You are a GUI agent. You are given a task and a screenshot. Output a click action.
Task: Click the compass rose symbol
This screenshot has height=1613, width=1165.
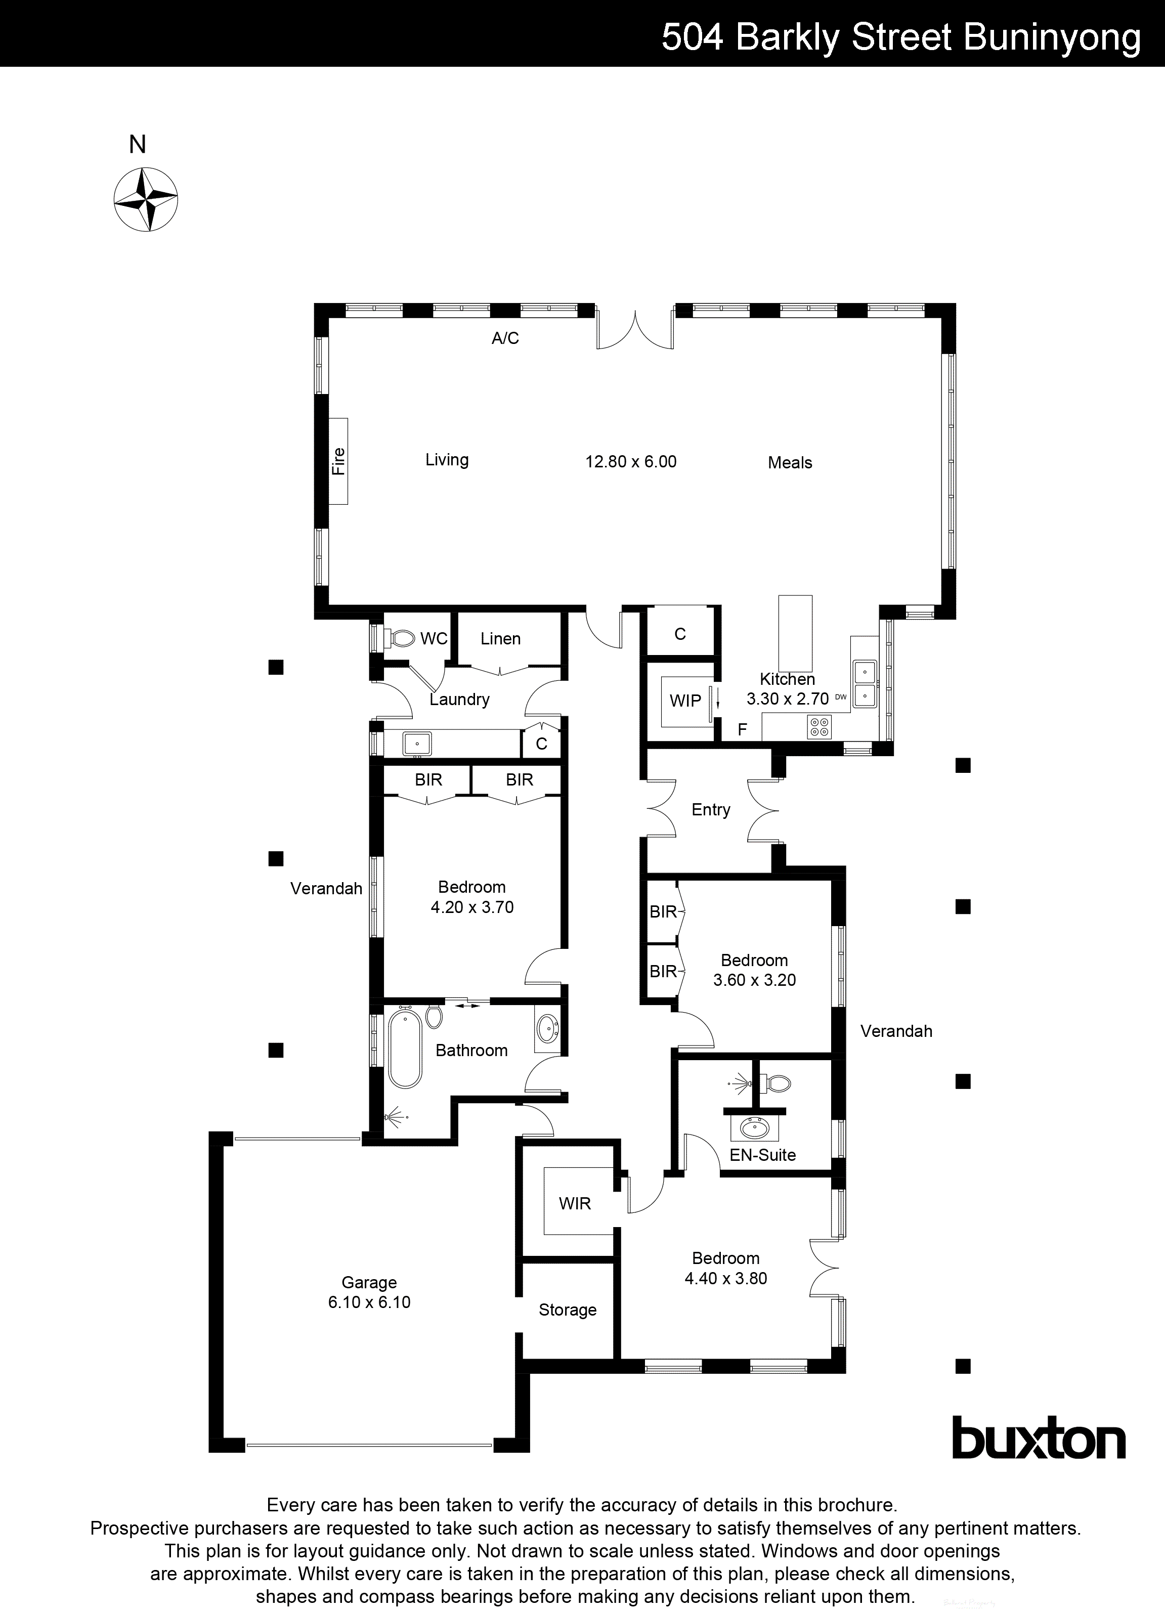click(146, 199)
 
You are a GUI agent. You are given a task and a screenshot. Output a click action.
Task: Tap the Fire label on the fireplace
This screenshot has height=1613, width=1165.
click(338, 461)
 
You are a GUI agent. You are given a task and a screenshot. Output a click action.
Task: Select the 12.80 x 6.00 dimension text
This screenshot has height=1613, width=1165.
click(630, 462)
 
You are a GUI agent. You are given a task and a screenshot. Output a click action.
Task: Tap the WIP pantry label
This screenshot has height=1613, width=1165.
click(685, 701)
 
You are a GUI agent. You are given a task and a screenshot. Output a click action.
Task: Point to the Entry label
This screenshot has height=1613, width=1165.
click(711, 809)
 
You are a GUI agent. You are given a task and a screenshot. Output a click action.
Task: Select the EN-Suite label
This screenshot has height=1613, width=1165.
click(762, 1155)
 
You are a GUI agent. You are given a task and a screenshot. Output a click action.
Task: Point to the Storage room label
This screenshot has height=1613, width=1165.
click(567, 1310)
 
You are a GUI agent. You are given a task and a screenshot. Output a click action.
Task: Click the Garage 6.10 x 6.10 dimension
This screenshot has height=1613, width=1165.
click(369, 1302)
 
